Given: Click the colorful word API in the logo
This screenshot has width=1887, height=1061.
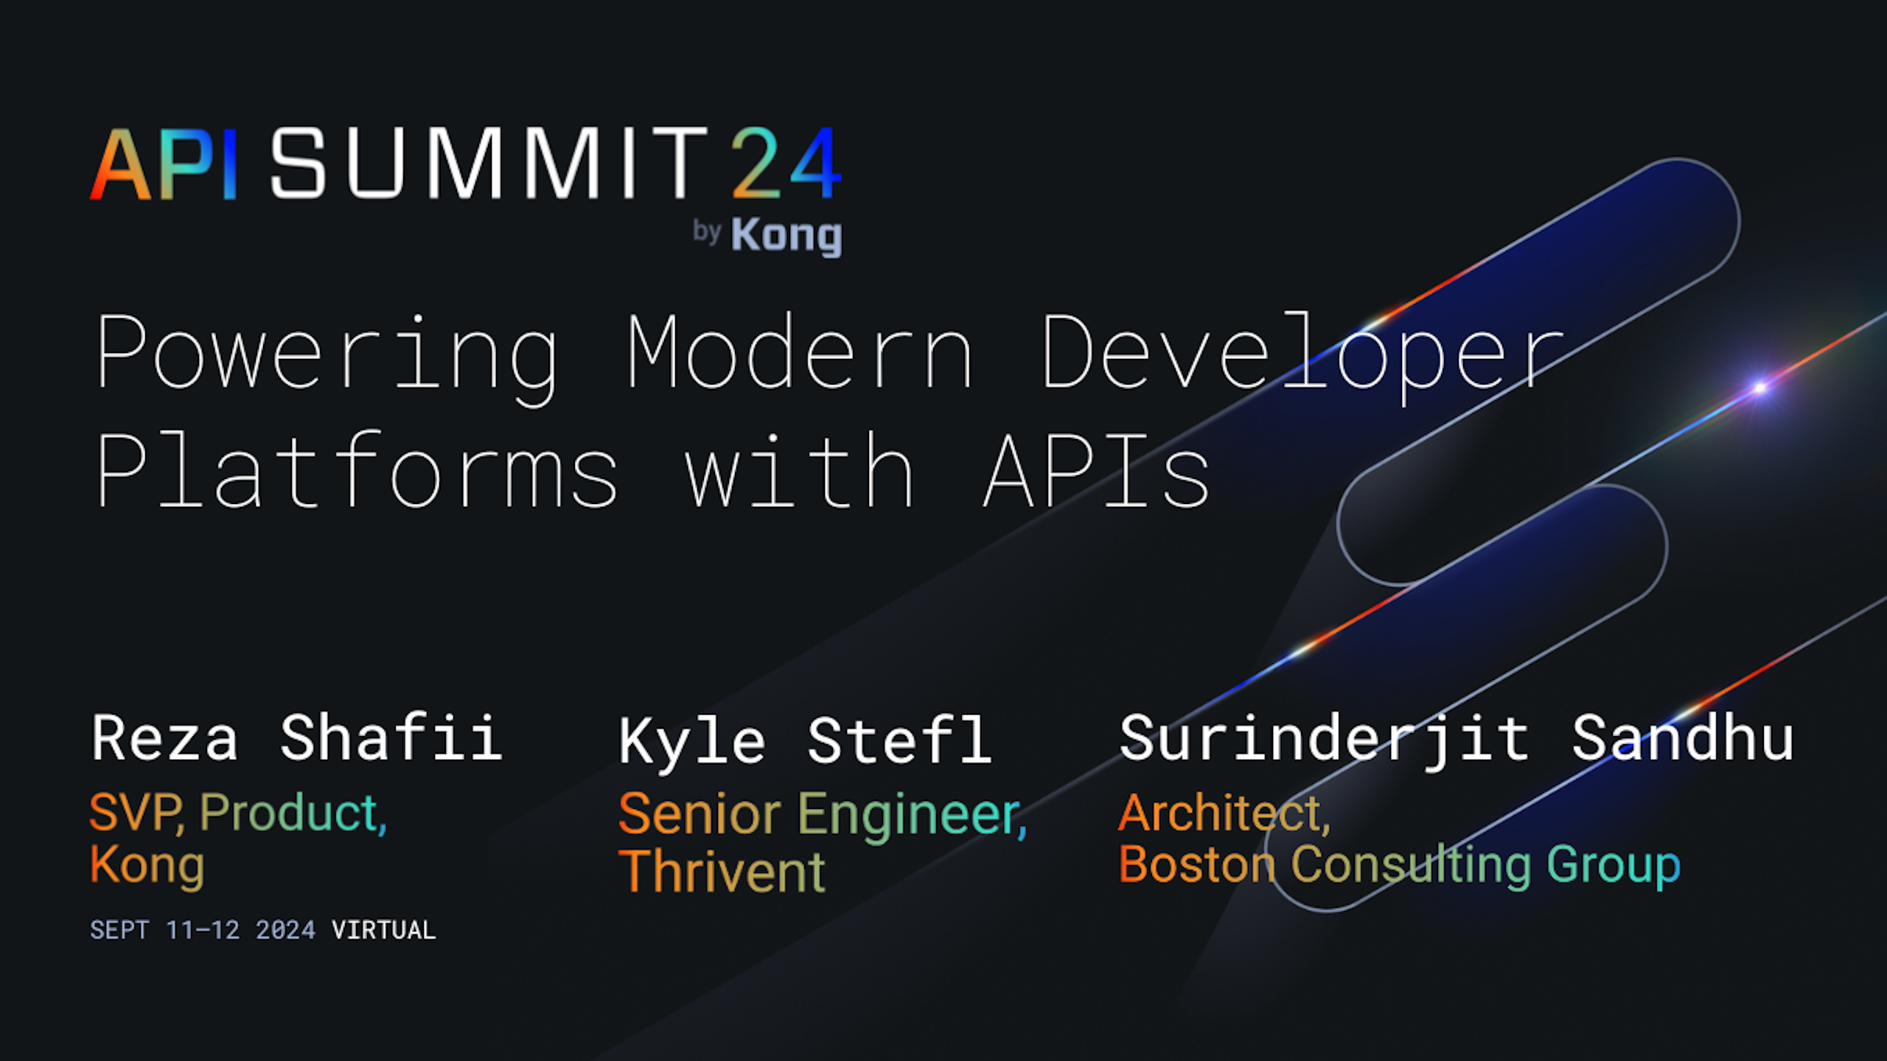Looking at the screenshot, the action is pos(164,164).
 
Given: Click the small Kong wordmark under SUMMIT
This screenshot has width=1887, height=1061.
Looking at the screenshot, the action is pos(786,236).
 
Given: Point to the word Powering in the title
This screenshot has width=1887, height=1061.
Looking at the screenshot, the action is pos(327,357).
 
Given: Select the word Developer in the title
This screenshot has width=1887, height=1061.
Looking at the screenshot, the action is pos(1302,357).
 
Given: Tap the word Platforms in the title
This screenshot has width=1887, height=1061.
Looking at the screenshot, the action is pos(357,469).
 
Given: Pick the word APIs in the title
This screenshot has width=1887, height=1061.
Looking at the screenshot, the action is pos(1097,471).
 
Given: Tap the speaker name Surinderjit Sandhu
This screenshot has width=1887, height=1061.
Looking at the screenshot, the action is pos(1457,740).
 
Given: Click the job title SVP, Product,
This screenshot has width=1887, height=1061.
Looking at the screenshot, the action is pos(238,814).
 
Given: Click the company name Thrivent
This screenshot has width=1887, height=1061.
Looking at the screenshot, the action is pos(722,872).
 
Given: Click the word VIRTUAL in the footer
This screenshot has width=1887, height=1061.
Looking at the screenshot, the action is pos(384,930).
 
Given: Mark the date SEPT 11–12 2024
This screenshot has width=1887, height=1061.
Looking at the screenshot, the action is pos(203,930).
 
